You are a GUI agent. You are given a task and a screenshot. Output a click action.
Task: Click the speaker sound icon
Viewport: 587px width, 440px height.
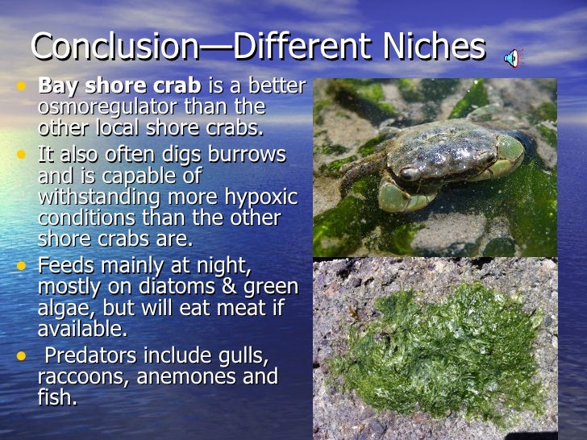(512, 56)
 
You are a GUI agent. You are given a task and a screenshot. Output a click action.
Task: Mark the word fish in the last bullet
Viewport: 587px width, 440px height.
(56, 397)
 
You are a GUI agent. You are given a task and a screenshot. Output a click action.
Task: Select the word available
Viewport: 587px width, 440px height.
(81, 329)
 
